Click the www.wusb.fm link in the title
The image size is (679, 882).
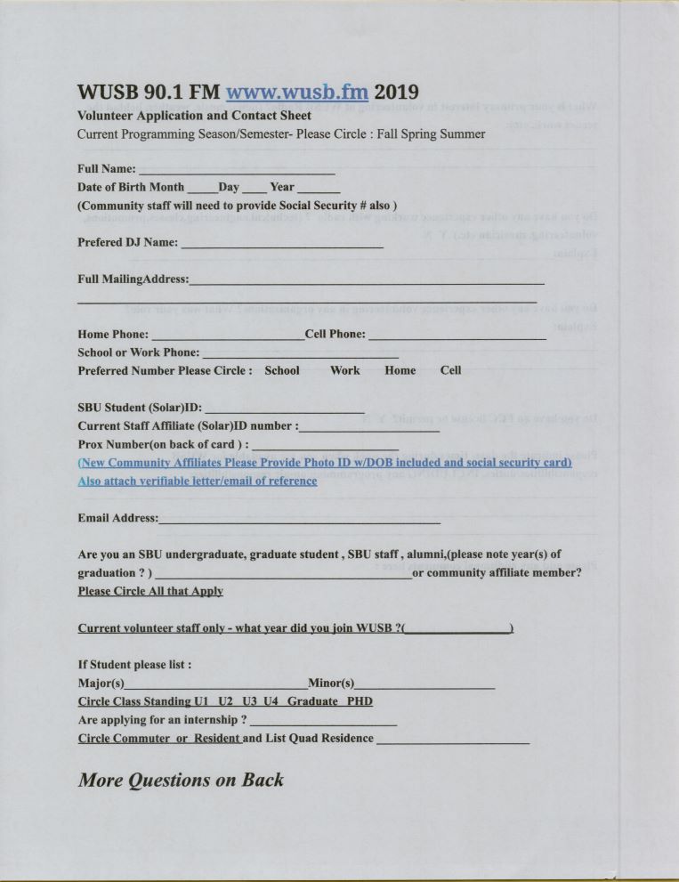(296, 92)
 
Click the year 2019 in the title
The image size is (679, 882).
(396, 92)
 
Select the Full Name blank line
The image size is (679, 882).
(236, 170)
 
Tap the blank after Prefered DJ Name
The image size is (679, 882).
(281, 244)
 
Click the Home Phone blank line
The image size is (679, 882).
(228, 336)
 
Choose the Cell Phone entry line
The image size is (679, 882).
(457, 336)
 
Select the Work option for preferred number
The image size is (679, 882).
(344, 370)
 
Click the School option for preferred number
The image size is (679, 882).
(282, 370)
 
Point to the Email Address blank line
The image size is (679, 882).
(299, 520)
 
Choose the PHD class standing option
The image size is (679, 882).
(360, 701)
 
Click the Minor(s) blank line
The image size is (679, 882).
(424, 685)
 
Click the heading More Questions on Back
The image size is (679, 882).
(181, 781)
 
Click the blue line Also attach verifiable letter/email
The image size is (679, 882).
(197, 481)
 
